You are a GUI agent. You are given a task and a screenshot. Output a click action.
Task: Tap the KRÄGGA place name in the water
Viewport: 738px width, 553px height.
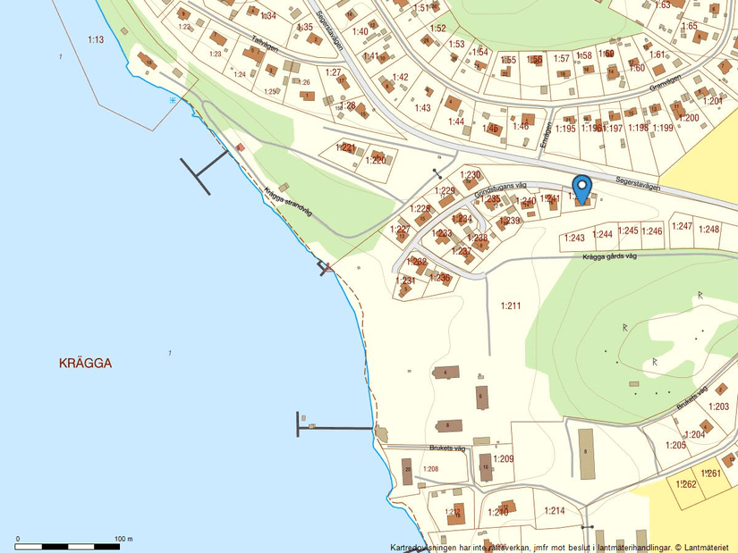click(x=85, y=364)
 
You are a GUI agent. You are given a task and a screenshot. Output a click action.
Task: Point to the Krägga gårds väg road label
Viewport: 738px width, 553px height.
click(x=608, y=256)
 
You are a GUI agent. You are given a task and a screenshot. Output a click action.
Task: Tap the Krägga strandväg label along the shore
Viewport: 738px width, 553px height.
click(x=287, y=202)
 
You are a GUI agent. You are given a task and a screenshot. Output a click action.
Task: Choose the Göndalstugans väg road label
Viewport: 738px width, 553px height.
click(x=500, y=185)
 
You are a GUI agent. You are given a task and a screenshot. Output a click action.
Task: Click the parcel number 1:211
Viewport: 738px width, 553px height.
click(x=511, y=306)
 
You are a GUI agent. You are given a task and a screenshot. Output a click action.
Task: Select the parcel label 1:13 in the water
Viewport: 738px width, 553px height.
click(x=96, y=39)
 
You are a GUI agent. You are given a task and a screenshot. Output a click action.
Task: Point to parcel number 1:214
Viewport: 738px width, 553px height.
click(x=555, y=510)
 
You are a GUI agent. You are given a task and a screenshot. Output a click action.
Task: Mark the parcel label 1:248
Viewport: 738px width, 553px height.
click(x=708, y=230)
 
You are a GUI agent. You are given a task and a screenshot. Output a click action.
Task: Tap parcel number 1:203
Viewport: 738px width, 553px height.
click(x=718, y=406)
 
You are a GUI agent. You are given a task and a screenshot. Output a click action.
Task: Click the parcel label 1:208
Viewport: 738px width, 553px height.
click(x=430, y=469)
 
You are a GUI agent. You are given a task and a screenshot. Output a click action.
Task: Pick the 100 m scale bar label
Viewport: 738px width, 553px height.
click(x=123, y=539)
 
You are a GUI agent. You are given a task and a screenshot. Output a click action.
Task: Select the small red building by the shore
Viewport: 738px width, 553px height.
click(x=239, y=147)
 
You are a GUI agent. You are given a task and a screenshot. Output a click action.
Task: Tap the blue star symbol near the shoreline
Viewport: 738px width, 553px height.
click(x=173, y=100)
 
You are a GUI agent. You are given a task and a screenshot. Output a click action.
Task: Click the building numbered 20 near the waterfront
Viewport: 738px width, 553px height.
click(x=408, y=470)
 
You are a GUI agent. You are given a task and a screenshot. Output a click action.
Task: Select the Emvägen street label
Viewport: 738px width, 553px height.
click(x=547, y=134)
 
